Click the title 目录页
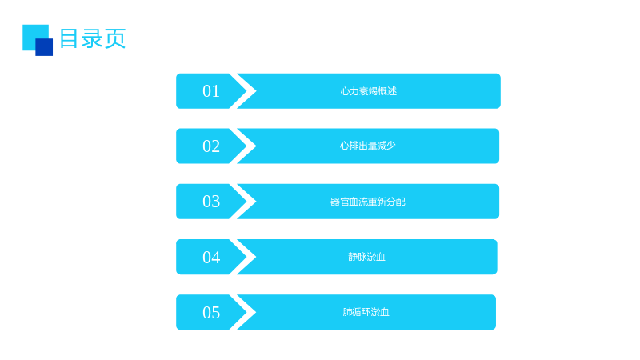[x=93, y=38]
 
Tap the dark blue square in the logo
[x=44, y=47]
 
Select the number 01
[x=211, y=91]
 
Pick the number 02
[x=211, y=146]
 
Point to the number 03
[x=211, y=202]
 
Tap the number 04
[x=211, y=257]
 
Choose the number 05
[x=211, y=313]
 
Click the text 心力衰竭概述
[x=369, y=91]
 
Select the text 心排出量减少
[x=368, y=146]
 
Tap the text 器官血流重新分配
[x=368, y=202]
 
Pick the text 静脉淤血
[x=366, y=257]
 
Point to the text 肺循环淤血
[x=366, y=312]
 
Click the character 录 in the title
[x=92, y=38]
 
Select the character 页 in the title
[x=115, y=38]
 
